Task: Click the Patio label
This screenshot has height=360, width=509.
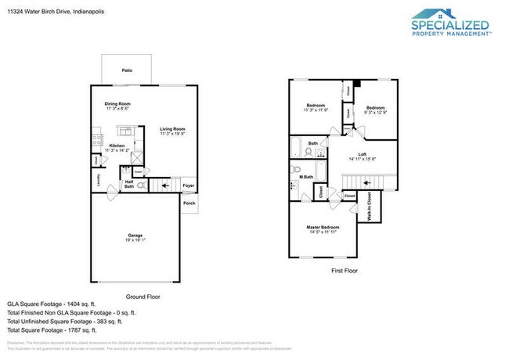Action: [x=126, y=70]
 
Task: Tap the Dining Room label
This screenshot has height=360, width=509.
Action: [x=117, y=104]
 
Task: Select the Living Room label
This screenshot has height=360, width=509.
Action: [x=172, y=129]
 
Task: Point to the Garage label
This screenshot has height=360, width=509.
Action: [x=135, y=235]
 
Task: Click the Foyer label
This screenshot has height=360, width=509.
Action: [x=188, y=185]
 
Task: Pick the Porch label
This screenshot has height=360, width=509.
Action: [x=189, y=203]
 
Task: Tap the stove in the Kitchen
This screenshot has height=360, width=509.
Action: [x=97, y=142]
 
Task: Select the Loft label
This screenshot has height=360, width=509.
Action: [x=362, y=154]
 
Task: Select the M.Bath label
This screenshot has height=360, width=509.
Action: [x=306, y=178]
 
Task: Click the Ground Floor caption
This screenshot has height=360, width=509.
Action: [x=143, y=296]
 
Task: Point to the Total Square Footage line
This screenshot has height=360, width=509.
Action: [x=63, y=329]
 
